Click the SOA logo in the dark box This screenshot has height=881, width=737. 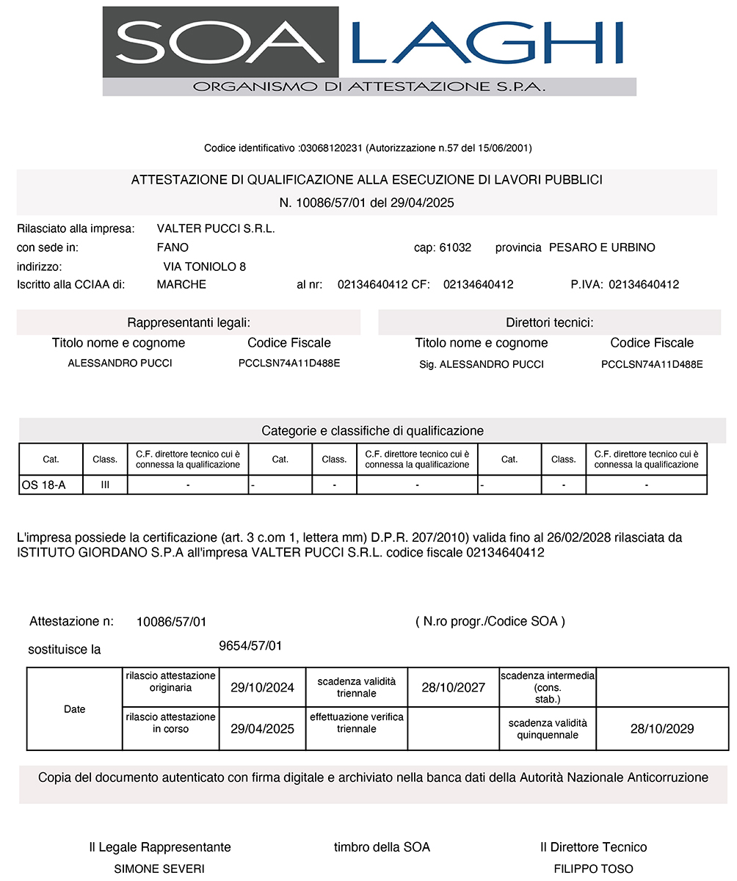(x=220, y=42)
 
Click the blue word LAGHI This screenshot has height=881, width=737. (x=487, y=42)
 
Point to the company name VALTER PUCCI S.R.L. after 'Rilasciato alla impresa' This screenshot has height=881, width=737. (x=216, y=229)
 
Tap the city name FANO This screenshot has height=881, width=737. (x=173, y=247)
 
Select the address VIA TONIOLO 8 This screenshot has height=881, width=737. (x=205, y=267)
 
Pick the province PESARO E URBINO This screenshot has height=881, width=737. (x=602, y=247)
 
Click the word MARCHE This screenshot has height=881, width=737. (x=181, y=284)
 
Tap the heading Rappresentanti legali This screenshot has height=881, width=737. (x=189, y=322)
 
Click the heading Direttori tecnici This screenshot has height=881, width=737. (x=550, y=322)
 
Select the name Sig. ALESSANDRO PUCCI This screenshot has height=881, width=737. (x=482, y=364)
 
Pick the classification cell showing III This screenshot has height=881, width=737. (x=105, y=485)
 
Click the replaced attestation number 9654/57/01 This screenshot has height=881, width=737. (x=250, y=646)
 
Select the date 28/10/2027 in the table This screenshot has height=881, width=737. (x=453, y=688)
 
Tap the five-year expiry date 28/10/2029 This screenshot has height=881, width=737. (x=662, y=729)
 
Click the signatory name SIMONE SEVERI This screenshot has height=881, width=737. (x=159, y=869)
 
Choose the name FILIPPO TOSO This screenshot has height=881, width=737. (x=593, y=869)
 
